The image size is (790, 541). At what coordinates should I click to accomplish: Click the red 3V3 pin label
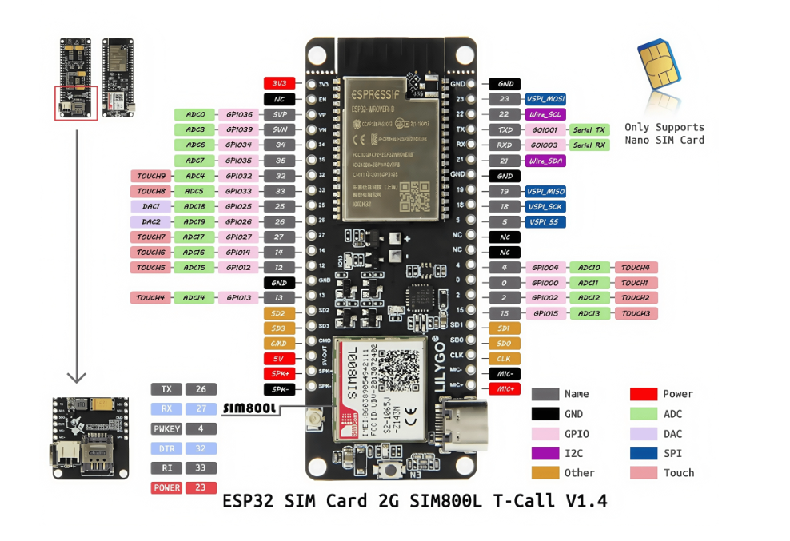click(x=279, y=83)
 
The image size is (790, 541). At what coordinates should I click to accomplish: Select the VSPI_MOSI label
click(x=545, y=99)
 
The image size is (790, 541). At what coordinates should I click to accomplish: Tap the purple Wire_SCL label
click(x=545, y=114)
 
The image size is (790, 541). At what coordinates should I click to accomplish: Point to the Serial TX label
click(x=589, y=129)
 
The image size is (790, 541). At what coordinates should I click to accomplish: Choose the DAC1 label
click(x=151, y=206)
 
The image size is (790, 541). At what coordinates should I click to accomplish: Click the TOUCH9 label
click(x=151, y=176)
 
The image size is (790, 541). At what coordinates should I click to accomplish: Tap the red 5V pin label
click(x=279, y=359)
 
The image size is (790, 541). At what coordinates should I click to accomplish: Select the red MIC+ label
click(x=504, y=388)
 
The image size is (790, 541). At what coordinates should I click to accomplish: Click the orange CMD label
click(x=279, y=344)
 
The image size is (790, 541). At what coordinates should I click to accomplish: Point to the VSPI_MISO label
click(x=545, y=192)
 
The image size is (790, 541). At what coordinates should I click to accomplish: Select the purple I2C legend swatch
click(x=545, y=453)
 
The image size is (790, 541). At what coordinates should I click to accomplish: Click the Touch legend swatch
click(x=644, y=473)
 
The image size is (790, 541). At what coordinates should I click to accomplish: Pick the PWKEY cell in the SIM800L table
click(x=166, y=429)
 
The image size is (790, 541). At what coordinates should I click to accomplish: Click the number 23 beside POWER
click(x=201, y=487)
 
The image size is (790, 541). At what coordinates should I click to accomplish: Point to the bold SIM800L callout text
click(x=249, y=408)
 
